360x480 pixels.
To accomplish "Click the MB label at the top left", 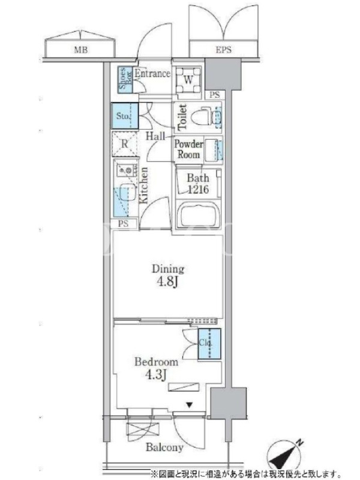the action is (x=81, y=50).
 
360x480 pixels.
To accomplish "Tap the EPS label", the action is (x=223, y=50).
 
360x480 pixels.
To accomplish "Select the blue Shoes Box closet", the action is (x=125, y=80).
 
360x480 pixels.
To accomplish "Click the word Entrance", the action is (x=152, y=73).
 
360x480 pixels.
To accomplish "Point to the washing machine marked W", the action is (x=188, y=80).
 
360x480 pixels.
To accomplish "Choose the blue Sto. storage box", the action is (x=125, y=116).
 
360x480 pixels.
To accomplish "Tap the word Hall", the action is (x=155, y=136).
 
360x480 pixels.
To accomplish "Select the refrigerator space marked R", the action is (x=124, y=143).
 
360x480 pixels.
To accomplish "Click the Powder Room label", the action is (x=188, y=149).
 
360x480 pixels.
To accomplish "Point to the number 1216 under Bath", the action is (x=198, y=190).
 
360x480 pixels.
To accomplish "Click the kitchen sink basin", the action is (x=127, y=192).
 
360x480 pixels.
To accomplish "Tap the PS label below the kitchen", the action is (x=123, y=224).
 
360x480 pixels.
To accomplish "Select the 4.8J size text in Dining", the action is (x=168, y=282).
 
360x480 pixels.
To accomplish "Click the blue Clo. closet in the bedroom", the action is (x=209, y=344).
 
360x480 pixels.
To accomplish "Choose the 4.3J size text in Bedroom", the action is (x=156, y=374).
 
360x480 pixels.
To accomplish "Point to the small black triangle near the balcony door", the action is (x=190, y=406).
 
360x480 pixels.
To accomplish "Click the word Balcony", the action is (x=164, y=447).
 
